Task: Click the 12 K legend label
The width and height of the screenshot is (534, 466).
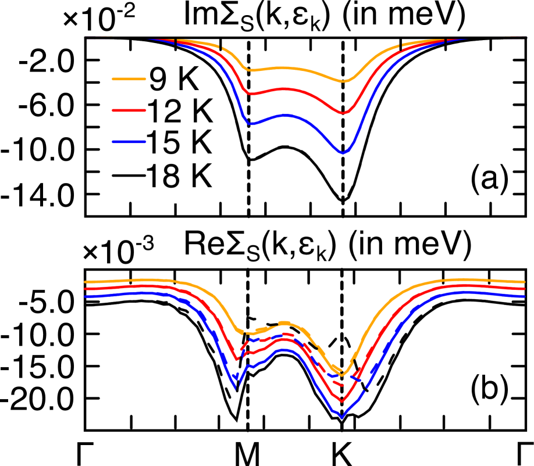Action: coord(179,112)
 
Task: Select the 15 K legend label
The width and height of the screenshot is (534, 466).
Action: coord(179,142)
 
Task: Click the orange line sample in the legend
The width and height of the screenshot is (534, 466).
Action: coord(129,79)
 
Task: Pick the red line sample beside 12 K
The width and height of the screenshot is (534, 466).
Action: coord(129,110)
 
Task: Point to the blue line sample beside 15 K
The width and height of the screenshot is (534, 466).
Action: coord(129,142)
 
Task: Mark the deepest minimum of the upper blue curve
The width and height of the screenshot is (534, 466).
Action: coord(343,153)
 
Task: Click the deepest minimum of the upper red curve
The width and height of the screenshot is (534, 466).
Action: coord(343,113)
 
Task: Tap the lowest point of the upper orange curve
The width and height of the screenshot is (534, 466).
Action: coord(344,81)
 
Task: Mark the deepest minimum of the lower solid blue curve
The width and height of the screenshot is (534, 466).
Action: coord(341,417)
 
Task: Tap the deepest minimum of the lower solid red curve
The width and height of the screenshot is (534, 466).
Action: coord(341,401)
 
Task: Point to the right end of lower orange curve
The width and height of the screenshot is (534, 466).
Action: coord(525,282)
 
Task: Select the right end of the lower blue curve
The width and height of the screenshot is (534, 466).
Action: coord(525,296)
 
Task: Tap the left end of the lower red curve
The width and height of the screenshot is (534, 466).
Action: coord(86,289)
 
